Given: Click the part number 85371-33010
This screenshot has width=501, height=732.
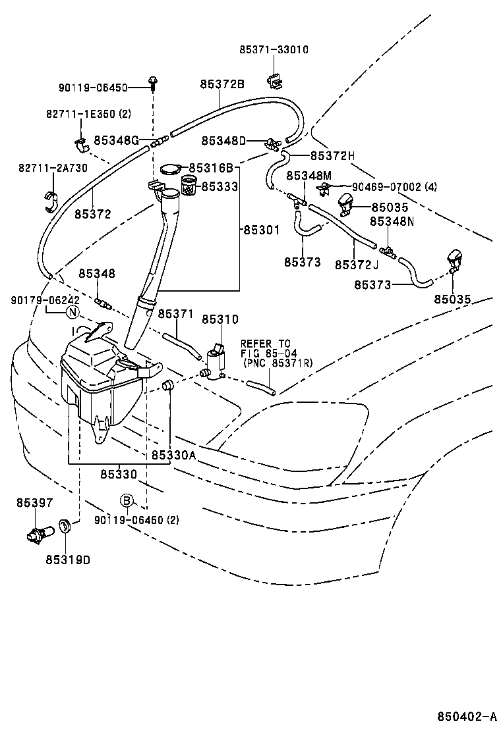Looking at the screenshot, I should click(273, 49).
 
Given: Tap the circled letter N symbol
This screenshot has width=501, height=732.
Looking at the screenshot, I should click(73, 311).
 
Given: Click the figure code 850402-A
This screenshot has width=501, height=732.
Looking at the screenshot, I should click(466, 716).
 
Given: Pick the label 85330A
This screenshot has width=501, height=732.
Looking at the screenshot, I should click(174, 455).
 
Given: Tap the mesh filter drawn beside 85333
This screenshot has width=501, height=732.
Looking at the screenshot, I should click(189, 188).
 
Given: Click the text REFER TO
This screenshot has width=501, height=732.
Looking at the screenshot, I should click(265, 344).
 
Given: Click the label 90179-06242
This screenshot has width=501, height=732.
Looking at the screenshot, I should click(40, 300).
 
